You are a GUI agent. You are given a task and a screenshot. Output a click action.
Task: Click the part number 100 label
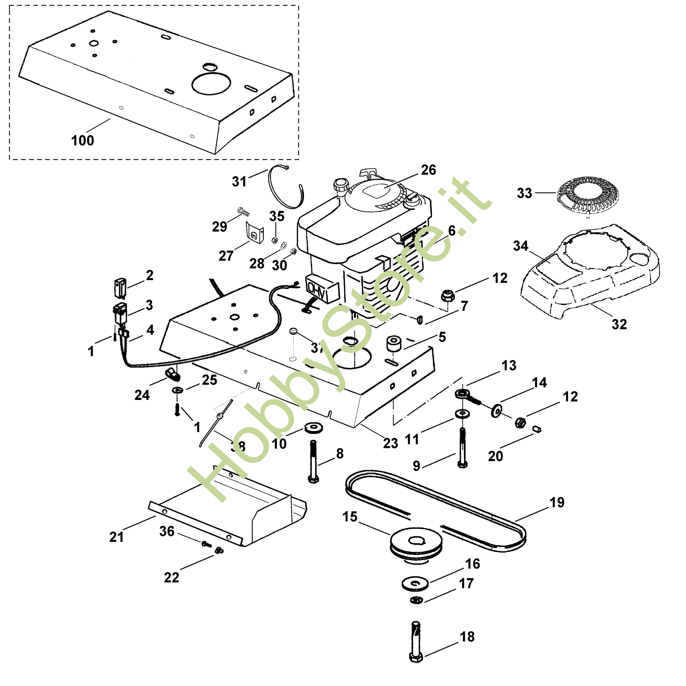click(x=82, y=141)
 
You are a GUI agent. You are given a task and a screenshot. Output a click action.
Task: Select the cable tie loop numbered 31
click(x=284, y=188)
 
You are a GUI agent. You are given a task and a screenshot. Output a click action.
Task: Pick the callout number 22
click(x=171, y=578)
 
